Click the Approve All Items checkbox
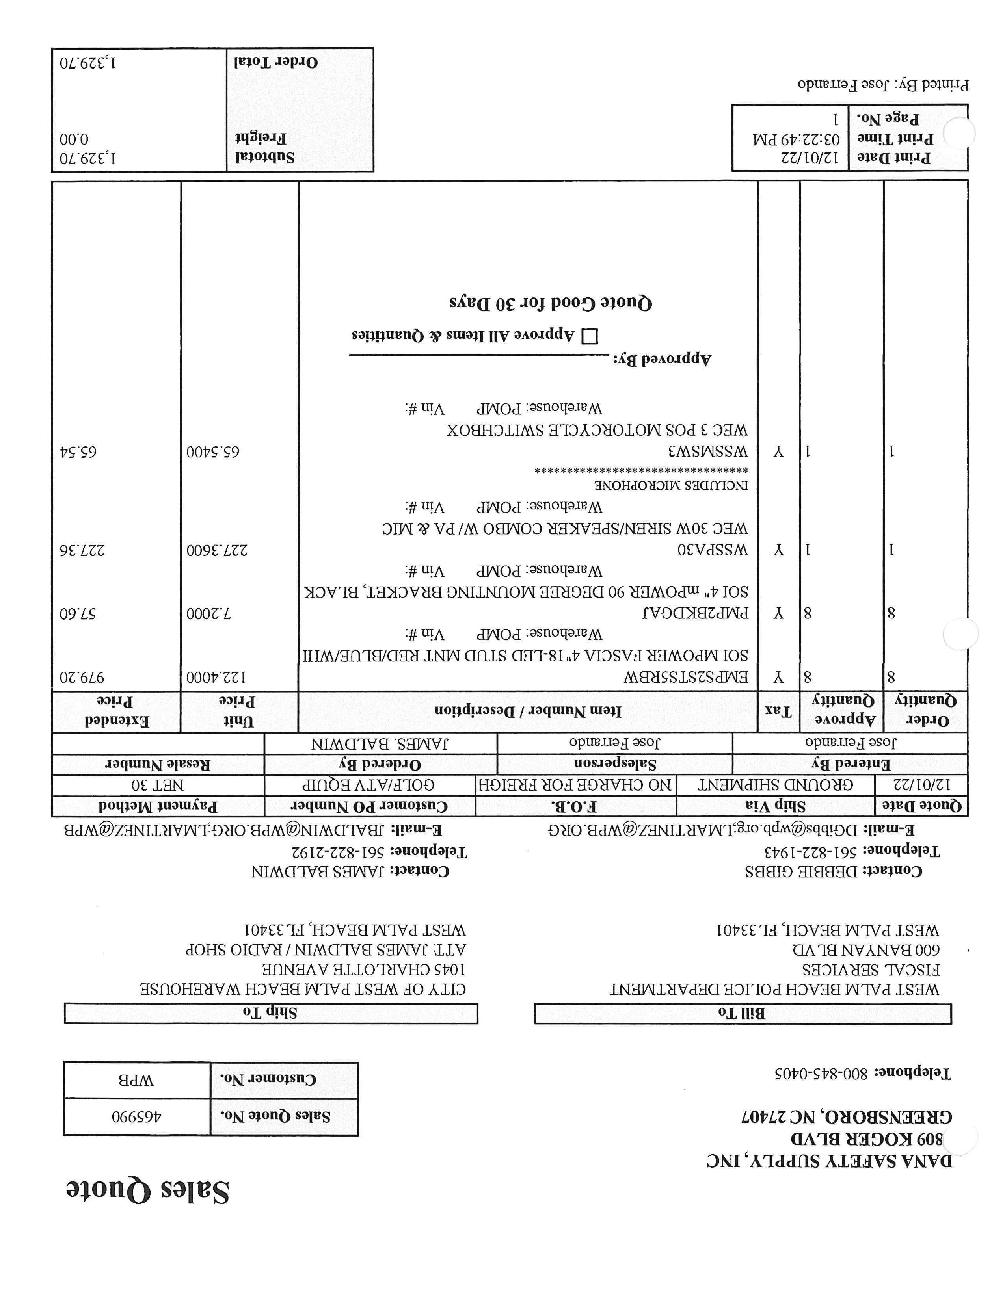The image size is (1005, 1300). coord(590,337)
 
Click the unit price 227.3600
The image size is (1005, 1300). coord(217,550)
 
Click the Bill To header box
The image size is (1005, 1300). coord(743,1014)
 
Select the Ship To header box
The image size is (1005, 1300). coord(270,1013)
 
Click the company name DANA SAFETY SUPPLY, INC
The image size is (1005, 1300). coord(829,1161)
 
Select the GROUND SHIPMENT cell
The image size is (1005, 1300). coord(775,785)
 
